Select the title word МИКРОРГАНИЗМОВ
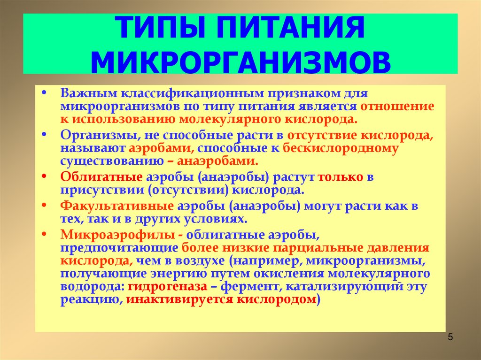click(241, 62)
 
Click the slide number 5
click(450, 337)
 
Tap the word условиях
click(220, 219)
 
